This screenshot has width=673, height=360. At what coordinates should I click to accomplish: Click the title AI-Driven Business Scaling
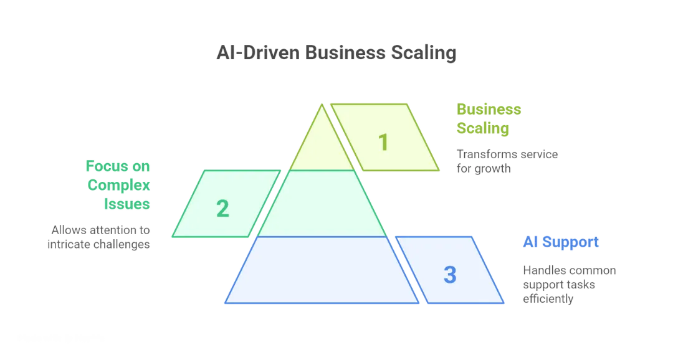(336, 53)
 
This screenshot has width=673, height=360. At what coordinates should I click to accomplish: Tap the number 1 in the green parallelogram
(384, 142)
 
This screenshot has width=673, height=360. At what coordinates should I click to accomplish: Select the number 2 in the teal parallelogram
(222, 209)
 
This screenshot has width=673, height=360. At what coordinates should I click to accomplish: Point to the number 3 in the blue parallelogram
(450, 274)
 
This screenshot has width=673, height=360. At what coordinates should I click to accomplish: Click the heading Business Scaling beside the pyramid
(489, 119)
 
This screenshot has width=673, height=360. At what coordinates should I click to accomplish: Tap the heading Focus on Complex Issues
(118, 185)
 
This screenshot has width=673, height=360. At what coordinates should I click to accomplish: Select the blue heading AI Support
(561, 242)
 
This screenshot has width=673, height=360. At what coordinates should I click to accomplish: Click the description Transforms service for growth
(506, 161)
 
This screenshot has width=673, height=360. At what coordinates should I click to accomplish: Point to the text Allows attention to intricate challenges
(100, 237)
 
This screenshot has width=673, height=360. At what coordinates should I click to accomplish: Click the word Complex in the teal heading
(119, 185)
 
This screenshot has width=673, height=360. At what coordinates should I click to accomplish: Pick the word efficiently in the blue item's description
(548, 299)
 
